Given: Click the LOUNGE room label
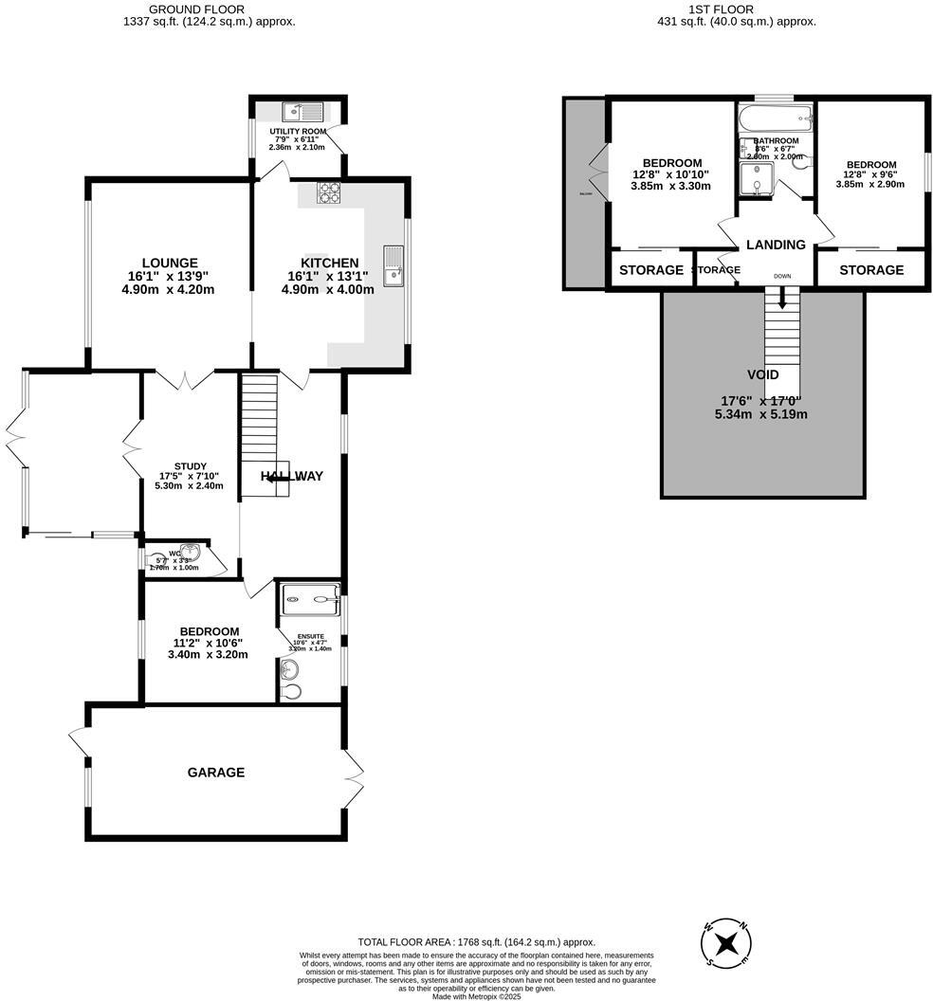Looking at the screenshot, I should pyautogui.click(x=169, y=263).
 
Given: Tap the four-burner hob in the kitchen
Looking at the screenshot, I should pyautogui.click(x=328, y=192).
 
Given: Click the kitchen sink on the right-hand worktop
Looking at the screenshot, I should pyautogui.click(x=393, y=264).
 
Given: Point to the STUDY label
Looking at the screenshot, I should pyautogui.click(x=190, y=466).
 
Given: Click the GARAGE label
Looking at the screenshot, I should pyautogui.click(x=215, y=773).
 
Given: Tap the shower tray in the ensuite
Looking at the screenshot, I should pyautogui.click(x=311, y=594).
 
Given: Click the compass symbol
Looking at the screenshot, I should pyautogui.click(x=726, y=943).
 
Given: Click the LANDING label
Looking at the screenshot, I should pyautogui.click(x=776, y=245).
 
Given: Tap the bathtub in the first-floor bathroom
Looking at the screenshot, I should pyautogui.click(x=776, y=118).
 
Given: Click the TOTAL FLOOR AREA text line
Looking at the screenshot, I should pyautogui.click(x=476, y=942).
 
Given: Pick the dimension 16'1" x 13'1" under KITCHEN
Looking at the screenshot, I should pyautogui.click(x=328, y=277).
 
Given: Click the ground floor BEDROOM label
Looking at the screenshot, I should pyautogui.click(x=209, y=631).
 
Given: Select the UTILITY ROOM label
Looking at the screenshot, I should pyautogui.click(x=297, y=131).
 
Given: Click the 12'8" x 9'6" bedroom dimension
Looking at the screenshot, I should pyautogui.click(x=870, y=174).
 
